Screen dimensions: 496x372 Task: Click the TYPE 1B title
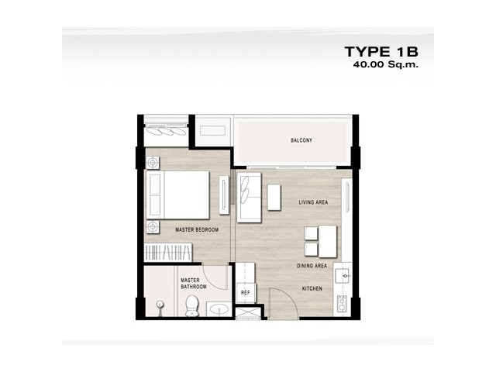381,52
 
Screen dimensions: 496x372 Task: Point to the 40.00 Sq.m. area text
386,64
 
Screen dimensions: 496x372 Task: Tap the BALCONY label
301,140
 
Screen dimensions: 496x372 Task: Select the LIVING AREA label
313,202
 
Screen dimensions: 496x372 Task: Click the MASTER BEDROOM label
197,230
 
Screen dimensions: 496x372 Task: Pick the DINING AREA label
312,266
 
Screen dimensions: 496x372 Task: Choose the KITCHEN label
312,288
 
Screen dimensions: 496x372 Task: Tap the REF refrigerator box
246,293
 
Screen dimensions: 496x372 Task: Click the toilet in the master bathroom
192,305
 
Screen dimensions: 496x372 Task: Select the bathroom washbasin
219,308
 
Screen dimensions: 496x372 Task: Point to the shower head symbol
160,305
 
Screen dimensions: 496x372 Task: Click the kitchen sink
343,276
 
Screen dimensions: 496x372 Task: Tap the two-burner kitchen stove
342,303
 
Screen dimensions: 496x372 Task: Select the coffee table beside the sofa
274,198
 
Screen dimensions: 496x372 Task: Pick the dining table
328,241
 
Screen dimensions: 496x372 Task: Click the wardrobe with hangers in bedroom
168,253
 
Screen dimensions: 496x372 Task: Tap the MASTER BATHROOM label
194,284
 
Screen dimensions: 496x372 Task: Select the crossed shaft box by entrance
248,313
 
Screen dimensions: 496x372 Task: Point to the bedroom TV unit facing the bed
224,195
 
